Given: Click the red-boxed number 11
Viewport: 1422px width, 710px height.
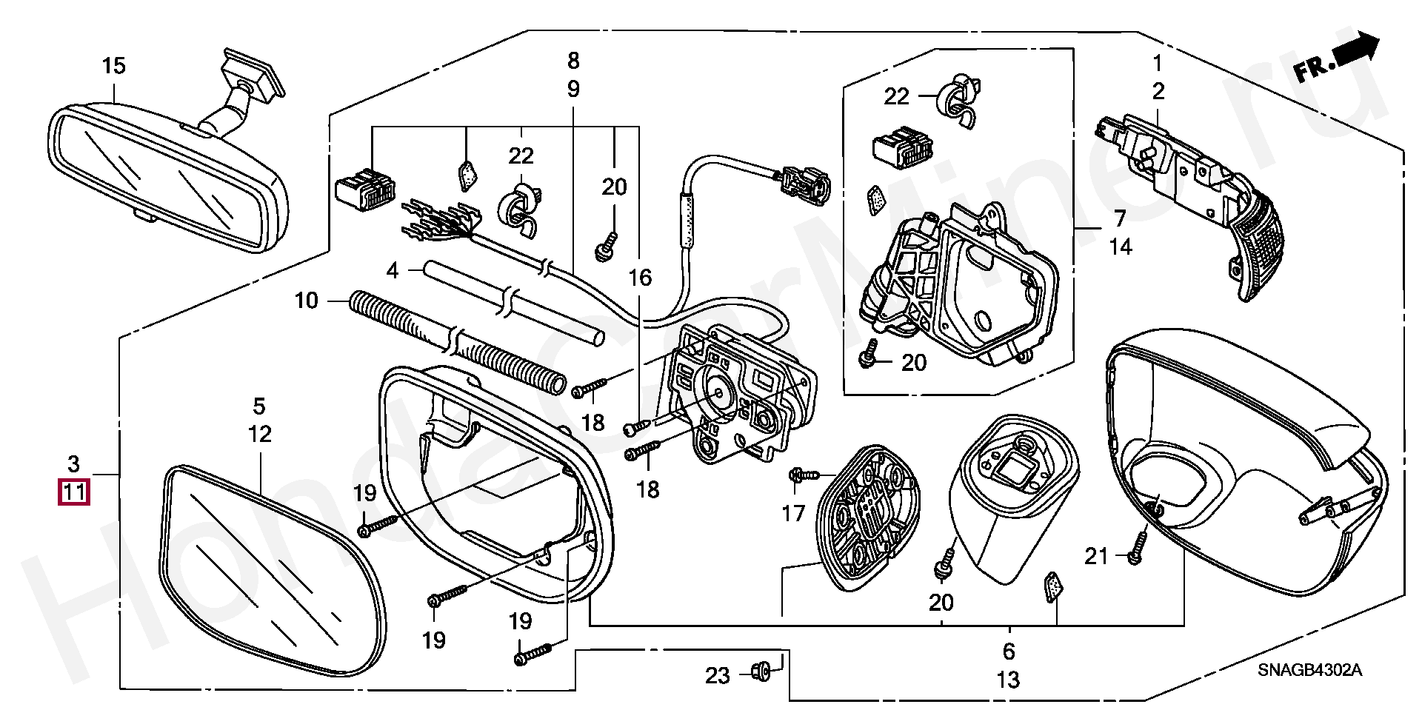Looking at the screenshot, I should [73, 492].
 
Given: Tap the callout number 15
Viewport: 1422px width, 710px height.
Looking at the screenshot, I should [113, 67].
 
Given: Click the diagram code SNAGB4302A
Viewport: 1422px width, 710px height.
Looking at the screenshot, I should [1309, 670].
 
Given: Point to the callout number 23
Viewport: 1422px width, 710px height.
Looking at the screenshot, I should [717, 675].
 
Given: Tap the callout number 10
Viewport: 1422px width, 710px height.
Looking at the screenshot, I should [306, 301].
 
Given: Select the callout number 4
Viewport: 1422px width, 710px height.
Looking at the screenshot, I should [393, 271].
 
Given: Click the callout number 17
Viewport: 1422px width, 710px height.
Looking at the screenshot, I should [793, 513].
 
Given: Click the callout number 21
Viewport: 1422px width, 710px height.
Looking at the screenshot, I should [1096, 555].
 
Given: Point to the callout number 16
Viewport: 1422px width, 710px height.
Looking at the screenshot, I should [640, 278].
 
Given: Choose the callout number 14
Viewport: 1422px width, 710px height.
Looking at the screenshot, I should [1121, 247].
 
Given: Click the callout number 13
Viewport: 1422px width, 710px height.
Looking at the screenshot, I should [1008, 679].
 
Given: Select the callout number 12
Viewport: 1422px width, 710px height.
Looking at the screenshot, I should [260, 435].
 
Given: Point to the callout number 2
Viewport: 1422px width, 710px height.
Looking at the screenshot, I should [1158, 92].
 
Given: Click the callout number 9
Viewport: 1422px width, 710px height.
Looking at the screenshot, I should [573, 90].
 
